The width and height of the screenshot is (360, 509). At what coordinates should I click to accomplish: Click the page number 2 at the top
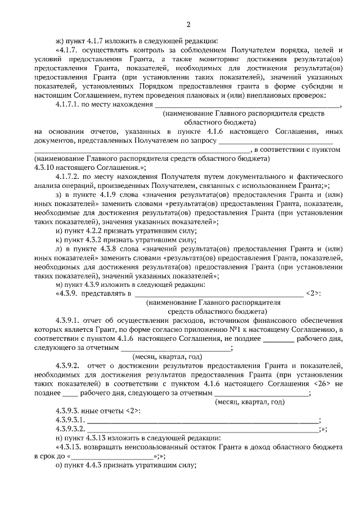coord(188,24)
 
